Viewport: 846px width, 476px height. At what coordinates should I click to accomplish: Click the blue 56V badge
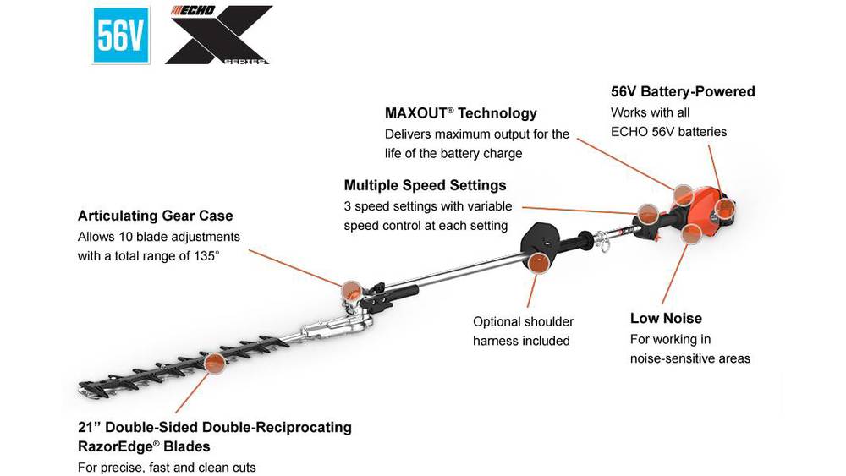point(121,36)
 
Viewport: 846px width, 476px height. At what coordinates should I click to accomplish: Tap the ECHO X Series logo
point(217,36)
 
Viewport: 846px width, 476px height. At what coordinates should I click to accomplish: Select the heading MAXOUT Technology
point(460,113)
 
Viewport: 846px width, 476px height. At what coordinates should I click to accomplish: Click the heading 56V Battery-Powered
point(683,91)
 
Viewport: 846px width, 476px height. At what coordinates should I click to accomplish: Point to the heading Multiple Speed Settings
point(425,185)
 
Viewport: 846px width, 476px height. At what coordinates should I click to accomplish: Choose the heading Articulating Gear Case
point(155,216)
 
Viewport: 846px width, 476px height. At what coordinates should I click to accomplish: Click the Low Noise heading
point(666,318)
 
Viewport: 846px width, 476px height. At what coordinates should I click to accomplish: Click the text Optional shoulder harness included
point(523,331)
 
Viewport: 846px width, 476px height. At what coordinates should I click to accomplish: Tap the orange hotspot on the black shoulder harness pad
point(536,263)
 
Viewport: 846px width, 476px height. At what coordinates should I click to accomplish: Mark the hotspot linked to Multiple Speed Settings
point(647,213)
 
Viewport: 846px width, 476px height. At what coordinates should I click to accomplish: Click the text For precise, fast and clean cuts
point(167,467)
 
